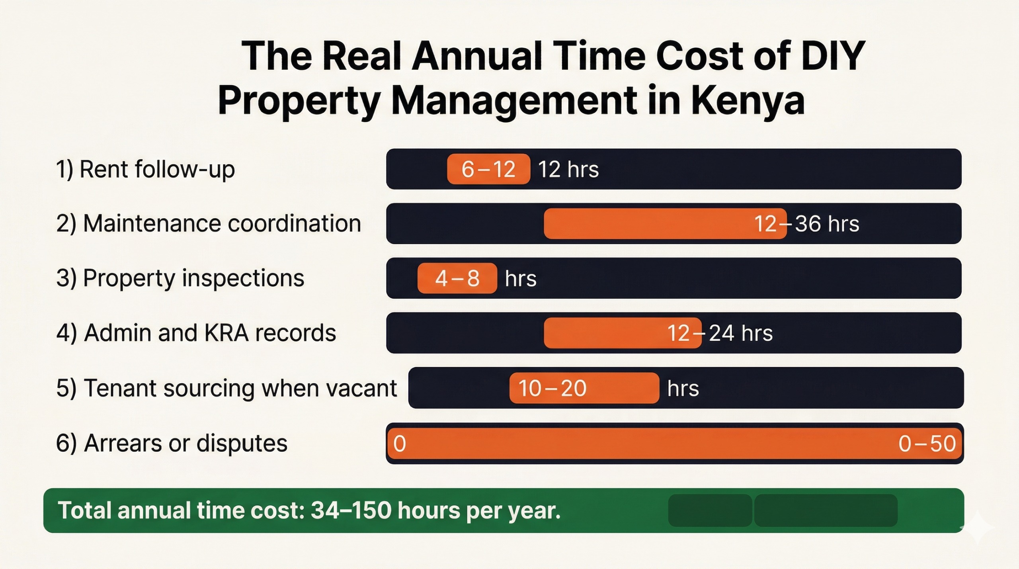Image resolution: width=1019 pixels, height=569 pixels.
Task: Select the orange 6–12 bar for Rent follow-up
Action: [488, 169]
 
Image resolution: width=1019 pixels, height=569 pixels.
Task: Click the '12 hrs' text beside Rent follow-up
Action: [568, 169]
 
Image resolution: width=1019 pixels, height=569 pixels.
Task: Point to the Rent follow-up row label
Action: [145, 169]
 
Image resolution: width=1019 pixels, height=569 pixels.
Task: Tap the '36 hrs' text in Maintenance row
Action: [827, 223]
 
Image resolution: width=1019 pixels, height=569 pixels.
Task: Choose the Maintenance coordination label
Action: [209, 223]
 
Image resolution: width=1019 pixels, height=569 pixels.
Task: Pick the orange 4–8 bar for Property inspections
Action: [457, 278]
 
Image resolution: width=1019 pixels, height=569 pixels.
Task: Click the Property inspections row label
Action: [180, 278]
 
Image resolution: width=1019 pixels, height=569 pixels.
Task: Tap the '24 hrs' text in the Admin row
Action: [741, 333]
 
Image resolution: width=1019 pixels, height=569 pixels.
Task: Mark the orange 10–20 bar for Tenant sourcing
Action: [584, 388]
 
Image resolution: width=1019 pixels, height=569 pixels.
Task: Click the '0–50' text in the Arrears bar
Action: [927, 444]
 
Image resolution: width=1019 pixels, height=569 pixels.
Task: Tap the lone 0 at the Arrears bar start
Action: [400, 444]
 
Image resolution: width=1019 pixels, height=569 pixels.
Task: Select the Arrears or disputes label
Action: [172, 443]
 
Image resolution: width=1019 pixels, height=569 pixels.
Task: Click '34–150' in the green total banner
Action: [351, 510]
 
